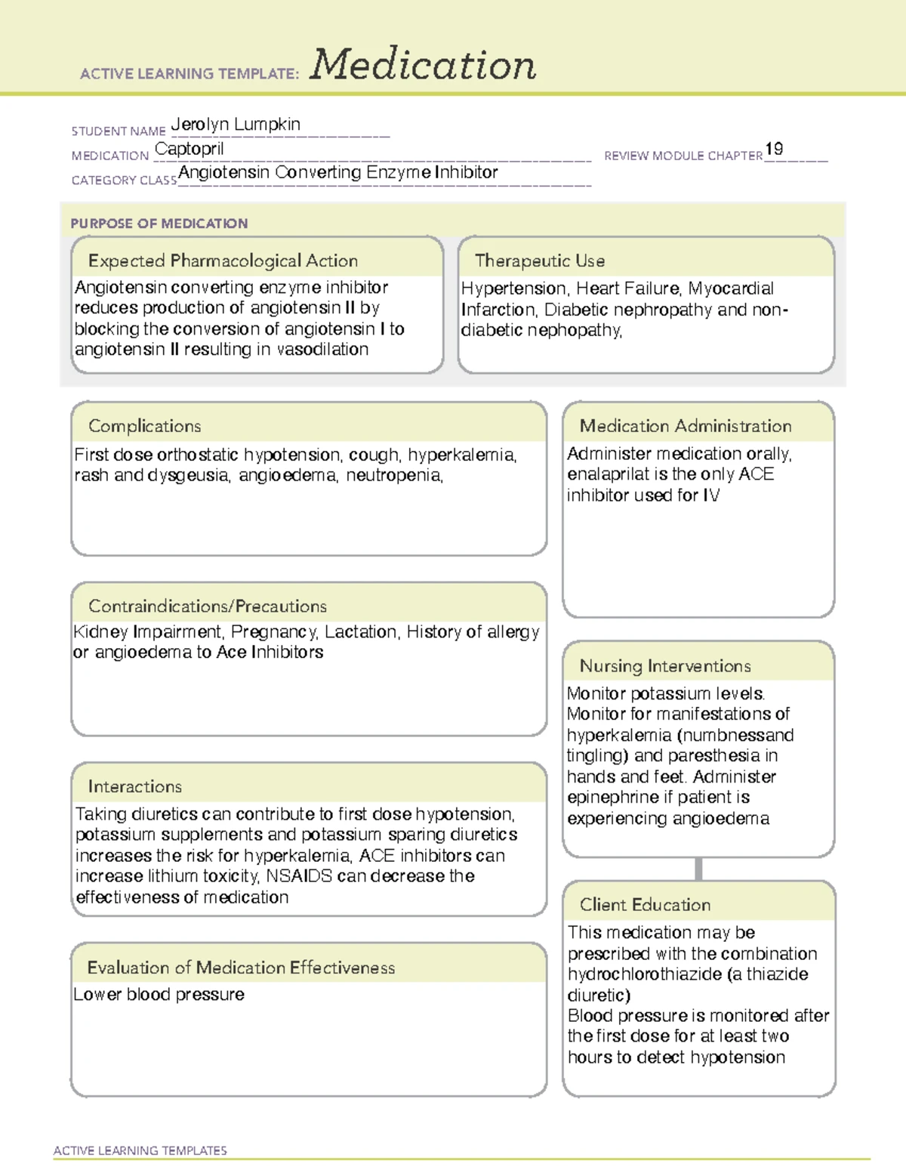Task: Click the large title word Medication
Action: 423,65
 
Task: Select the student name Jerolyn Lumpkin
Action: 236,125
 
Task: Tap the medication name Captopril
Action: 189,150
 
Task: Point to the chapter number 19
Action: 774,149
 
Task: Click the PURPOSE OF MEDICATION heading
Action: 159,224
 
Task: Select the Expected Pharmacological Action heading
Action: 223,261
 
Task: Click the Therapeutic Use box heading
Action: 540,261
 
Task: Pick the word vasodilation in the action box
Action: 322,350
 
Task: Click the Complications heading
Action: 145,426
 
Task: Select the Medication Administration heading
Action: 686,426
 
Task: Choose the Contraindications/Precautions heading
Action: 208,607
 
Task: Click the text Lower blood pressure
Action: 159,995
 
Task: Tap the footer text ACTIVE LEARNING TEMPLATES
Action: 140,1150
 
